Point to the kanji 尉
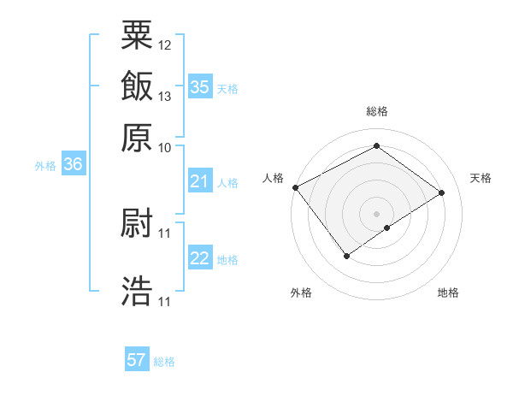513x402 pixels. [137, 223]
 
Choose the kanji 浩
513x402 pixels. [137, 290]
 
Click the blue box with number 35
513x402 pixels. [199, 87]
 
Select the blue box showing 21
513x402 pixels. [199, 181]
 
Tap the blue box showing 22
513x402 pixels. [199, 258]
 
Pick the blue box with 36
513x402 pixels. [73, 165]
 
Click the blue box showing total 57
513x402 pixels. [137, 360]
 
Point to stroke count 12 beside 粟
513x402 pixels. [165, 44]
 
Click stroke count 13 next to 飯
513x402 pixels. [165, 96]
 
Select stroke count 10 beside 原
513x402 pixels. [165, 147]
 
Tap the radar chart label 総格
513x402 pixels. [377, 111]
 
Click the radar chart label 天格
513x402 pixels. [481, 178]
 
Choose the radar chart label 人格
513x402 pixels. [273, 178]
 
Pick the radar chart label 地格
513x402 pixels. [448, 293]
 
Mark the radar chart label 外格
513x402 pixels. [301, 293]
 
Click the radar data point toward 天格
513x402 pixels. [442, 192]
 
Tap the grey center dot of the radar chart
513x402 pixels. [377, 213]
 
